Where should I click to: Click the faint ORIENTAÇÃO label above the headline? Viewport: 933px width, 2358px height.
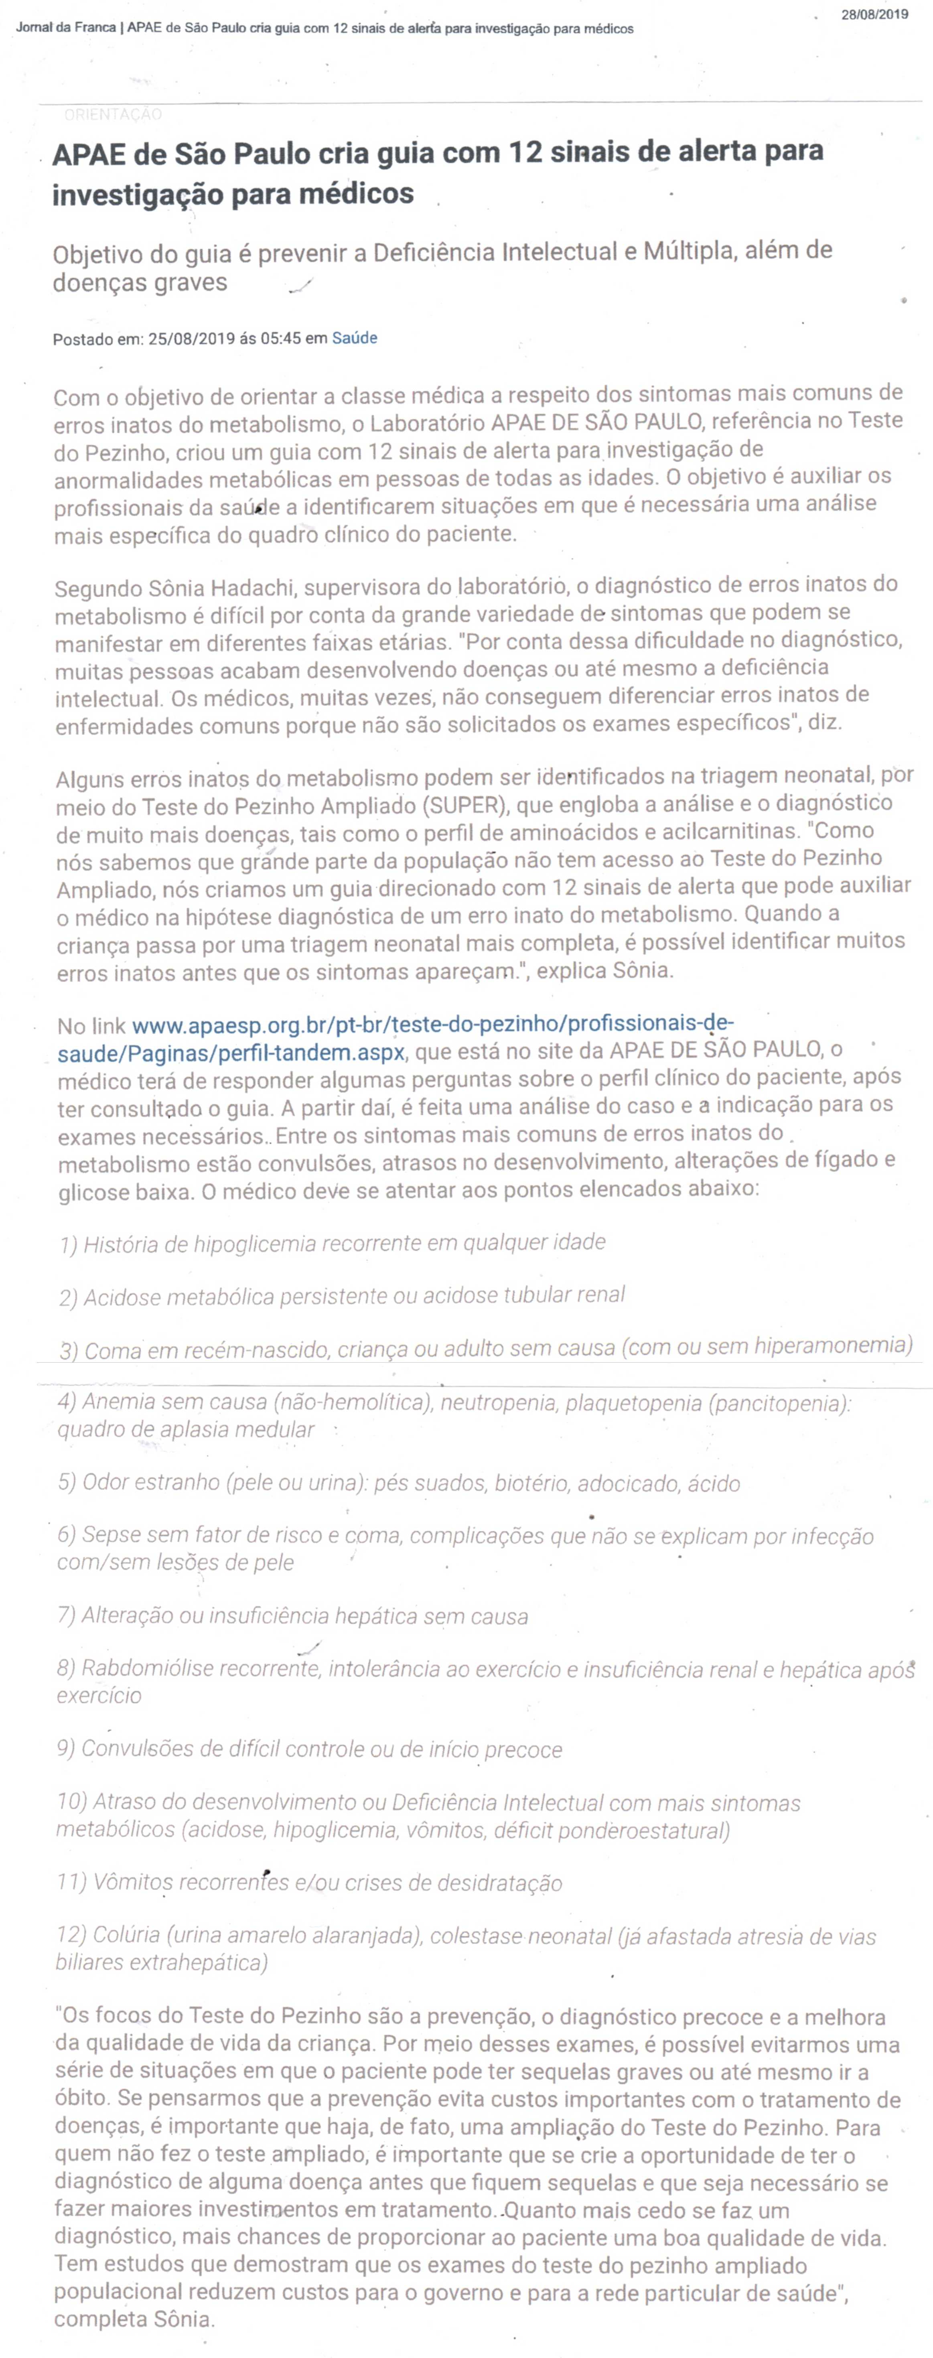click(113, 114)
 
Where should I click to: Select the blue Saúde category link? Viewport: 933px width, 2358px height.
click(354, 338)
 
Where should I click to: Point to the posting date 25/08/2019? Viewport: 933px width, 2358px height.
click(191, 339)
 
